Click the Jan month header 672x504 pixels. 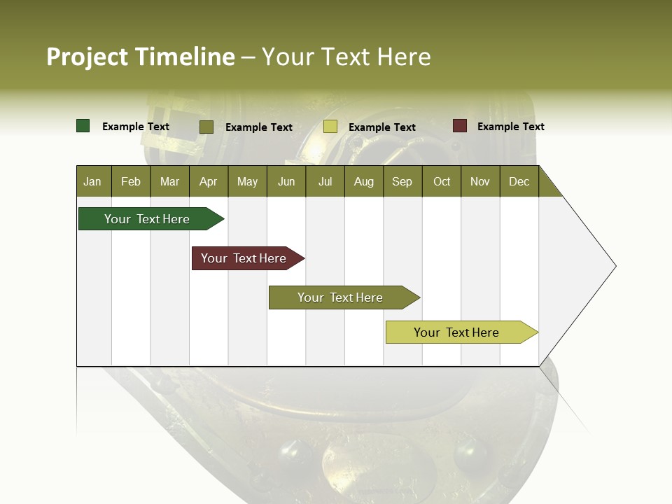coord(92,181)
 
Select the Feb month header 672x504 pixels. coord(131,181)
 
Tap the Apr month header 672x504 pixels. coord(209,181)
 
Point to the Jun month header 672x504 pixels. coord(286,181)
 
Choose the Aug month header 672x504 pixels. coord(364,181)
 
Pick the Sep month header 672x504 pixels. coord(402,181)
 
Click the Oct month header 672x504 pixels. coord(442,181)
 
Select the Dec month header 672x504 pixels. coord(519,181)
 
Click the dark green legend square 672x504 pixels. coord(83,126)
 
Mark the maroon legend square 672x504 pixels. coord(460,126)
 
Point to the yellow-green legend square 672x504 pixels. coord(330,127)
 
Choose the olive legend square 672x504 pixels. coord(206,127)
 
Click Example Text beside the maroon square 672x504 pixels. coord(510,127)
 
